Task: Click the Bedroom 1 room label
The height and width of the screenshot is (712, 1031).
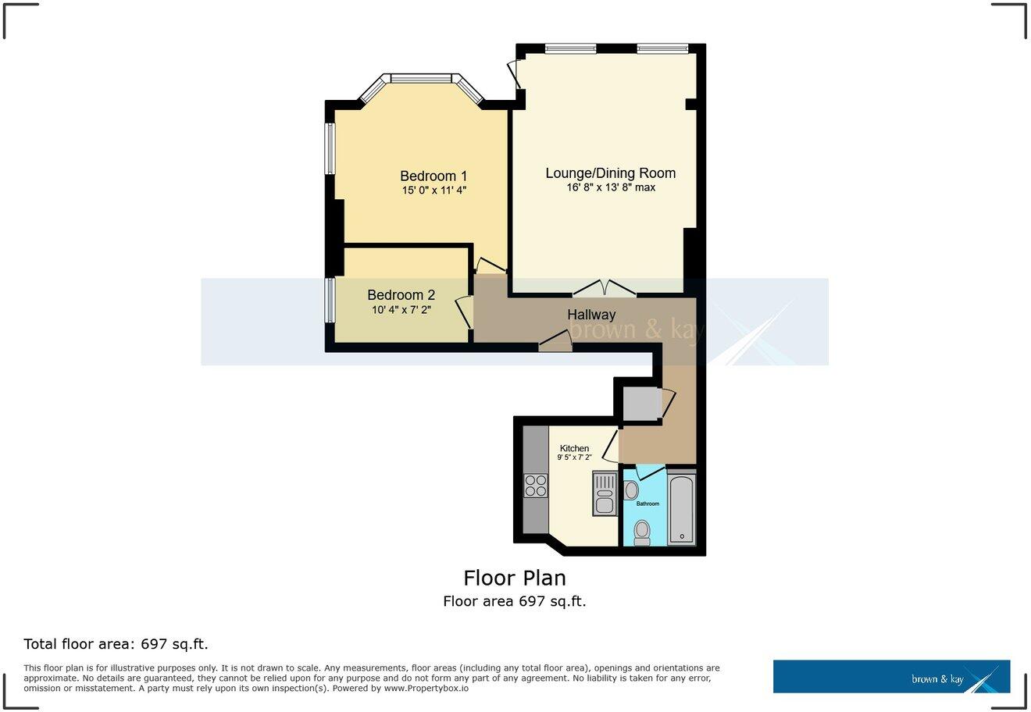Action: (x=433, y=176)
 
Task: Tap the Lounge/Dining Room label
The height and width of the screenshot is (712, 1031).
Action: (x=610, y=173)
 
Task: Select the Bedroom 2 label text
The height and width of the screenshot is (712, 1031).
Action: (x=401, y=295)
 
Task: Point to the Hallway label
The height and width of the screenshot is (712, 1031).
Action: (x=591, y=315)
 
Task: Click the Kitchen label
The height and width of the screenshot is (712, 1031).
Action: (x=574, y=448)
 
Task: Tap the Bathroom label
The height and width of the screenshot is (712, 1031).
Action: (x=647, y=504)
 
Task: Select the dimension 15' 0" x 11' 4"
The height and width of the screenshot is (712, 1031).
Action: (x=434, y=190)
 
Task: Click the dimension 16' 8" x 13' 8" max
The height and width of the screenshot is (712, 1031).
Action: (x=611, y=187)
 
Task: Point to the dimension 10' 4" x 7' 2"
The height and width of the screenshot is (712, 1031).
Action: (x=401, y=310)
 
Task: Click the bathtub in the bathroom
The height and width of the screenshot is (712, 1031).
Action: (x=682, y=508)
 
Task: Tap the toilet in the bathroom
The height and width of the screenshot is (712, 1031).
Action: (x=642, y=532)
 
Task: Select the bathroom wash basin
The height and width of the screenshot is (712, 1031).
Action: (x=631, y=490)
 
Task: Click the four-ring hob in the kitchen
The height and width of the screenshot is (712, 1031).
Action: (x=535, y=486)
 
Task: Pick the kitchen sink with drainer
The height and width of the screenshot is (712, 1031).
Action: (x=605, y=493)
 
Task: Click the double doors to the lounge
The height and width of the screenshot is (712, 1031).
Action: (x=604, y=289)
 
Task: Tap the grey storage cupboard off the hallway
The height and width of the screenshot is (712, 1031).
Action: (x=642, y=404)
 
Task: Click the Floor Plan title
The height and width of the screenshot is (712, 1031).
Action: (x=514, y=578)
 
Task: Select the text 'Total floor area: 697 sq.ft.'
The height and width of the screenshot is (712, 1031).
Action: (x=116, y=644)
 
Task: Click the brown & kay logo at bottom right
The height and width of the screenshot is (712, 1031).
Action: (x=891, y=677)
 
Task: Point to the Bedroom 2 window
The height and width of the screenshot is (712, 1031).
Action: (x=330, y=300)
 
